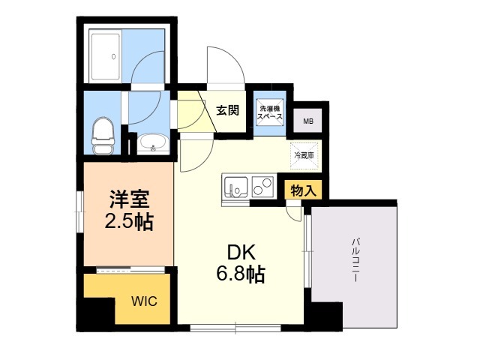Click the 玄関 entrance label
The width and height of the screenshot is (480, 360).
pos(227,110)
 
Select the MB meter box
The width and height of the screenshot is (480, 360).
pos(308,120)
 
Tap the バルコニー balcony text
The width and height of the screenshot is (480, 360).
pos(353,259)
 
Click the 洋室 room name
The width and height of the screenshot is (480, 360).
pos(128,200)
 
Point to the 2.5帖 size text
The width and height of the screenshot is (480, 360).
pos(128,221)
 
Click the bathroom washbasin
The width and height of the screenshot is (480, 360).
pos(154,142)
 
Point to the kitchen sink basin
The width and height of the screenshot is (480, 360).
pos(235,185)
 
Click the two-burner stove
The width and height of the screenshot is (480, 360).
pos(262,184)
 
